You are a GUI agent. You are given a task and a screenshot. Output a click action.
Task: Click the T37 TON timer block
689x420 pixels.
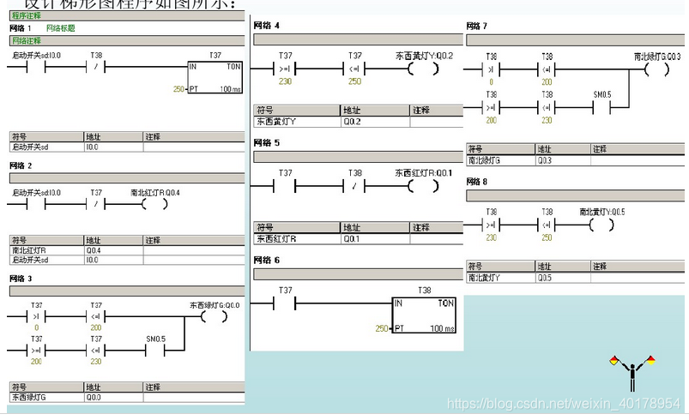(x=215, y=76)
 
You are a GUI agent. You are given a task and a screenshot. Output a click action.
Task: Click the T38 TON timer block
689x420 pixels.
(x=424, y=315)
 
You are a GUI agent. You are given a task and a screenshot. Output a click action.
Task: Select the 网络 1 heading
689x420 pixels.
(x=21, y=28)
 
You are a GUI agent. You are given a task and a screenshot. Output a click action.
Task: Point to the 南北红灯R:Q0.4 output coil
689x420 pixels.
(x=154, y=204)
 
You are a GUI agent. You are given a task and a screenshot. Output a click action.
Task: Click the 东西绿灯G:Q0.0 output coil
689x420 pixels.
(x=212, y=315)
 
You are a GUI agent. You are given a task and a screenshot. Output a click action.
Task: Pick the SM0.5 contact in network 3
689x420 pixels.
(x=155, y=350)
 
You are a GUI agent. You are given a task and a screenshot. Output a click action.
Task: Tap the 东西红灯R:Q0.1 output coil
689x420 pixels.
(x=423, y=184)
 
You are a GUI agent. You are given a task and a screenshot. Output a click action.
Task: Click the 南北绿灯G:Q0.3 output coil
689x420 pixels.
(x=656, y=69)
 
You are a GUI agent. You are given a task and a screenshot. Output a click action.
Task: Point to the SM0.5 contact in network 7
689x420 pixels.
(x=602, y=107)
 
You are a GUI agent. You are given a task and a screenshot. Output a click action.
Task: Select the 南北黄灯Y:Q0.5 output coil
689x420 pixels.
(x=601, y=225)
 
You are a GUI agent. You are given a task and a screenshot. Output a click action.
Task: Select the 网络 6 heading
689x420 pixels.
(x=266, y=260)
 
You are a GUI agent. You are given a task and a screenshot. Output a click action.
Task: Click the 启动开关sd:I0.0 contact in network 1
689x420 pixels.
(x=31, y=67)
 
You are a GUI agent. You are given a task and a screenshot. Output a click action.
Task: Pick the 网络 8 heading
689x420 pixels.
(x=477, y=182)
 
